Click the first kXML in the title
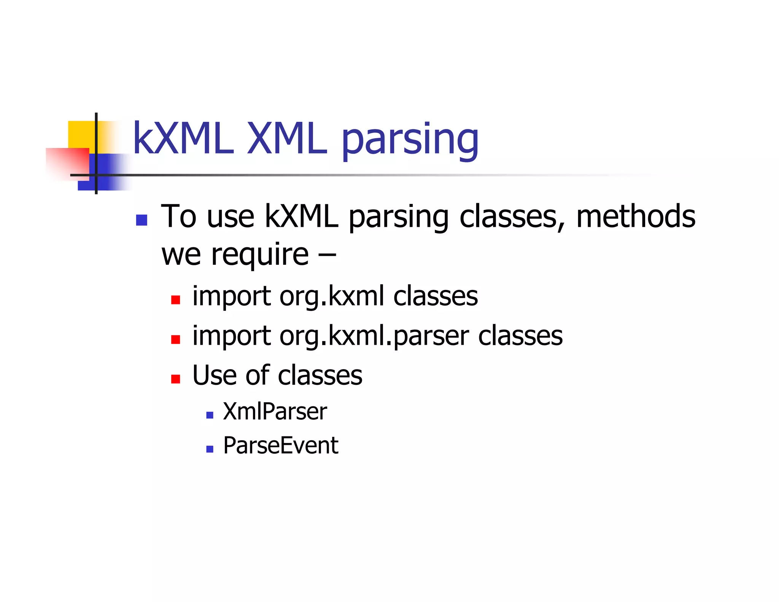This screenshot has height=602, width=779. tap(183, 139)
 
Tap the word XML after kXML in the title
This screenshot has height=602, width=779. tap(287, 139)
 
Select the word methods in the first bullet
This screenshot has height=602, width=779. tap(636, 216)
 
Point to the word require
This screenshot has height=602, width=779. tap(260, 255)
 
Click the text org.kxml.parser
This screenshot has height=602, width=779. tap(374, 336)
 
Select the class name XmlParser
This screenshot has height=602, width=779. tap(275, 412)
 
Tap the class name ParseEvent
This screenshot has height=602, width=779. tap(281, 446)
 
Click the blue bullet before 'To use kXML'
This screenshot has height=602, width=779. tap(141, 220)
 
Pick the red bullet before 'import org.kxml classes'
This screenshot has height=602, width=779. tap(175, 300)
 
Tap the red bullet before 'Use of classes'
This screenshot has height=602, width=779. tap(175, 379)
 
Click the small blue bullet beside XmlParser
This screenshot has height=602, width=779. tap(210, 415)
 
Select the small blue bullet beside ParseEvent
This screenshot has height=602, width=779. tap(210, 449)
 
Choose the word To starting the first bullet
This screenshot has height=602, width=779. tap(179, 216)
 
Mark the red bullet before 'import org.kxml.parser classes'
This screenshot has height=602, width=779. tap(175, 339)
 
